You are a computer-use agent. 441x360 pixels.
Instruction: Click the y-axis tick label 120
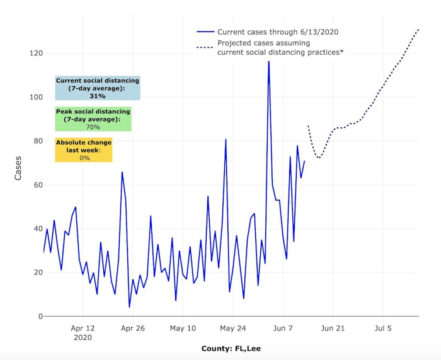pyautogui.click(x=35, y=53)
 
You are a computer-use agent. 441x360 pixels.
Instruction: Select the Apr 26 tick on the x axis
pyautogui.click(x=133, y=328)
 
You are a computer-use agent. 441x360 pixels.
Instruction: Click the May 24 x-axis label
pyautogui.click(x=233, y=328)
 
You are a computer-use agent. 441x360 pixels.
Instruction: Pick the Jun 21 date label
pyautogui.click(x=332, y=328)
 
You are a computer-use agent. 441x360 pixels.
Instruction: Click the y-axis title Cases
pyautogui.click(x=18, y=168)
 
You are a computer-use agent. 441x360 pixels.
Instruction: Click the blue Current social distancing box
pyautogui.click(x=97, y=88)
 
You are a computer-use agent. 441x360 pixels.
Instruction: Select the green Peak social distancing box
pyautogui.click(x=93, y=119)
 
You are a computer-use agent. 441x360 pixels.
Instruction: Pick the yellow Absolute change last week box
pyautogui.click(x=84, y=150)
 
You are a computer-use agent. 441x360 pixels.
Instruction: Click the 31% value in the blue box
pyautogui.click(x=97, y=96)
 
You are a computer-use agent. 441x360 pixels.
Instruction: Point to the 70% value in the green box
pyautogui.click(x=93, y=127)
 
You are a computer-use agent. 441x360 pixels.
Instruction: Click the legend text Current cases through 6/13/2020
pyautogui.click(x=278, y=31)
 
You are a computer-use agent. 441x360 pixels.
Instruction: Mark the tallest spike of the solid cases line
pyautogui.click(x=268, y=62)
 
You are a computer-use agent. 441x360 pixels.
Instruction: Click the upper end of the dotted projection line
pyautogui.click(x=419, y=29)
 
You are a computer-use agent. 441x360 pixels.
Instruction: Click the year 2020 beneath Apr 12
pyautogui.click(x=83, y=337)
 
